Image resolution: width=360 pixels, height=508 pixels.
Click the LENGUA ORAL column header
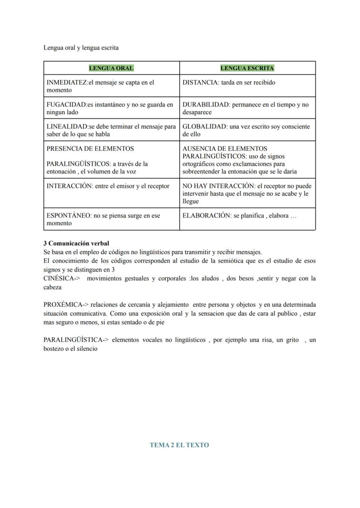point(111,68)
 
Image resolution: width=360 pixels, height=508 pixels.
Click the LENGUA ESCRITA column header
point(247,68)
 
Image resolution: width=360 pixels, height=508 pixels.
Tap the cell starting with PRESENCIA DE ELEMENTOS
point(111,159)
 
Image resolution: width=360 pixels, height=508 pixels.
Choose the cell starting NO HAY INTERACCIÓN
point(247,193)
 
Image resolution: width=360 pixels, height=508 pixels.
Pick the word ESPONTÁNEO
point(68,216)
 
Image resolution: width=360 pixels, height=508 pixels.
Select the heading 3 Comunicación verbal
point(76,243)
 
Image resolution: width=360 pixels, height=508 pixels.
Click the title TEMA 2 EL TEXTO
point(179,445)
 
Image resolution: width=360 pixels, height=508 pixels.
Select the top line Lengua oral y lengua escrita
point(81,47)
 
